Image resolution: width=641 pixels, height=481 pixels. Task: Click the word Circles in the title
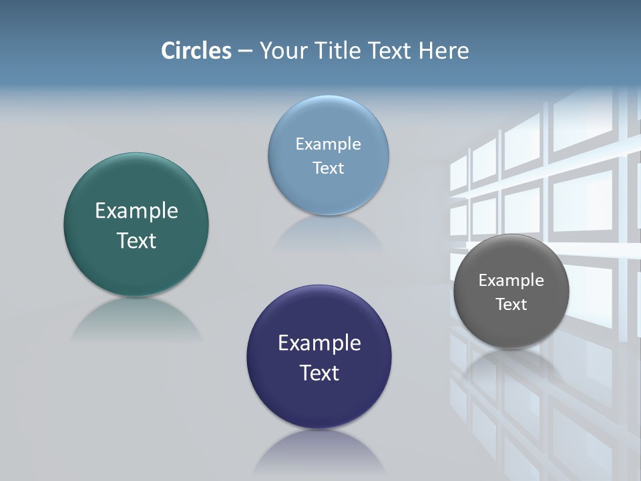[x=196, y=51]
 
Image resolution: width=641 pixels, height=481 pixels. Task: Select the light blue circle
[x=328, y=120]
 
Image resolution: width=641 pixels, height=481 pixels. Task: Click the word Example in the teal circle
[x=136, y=211]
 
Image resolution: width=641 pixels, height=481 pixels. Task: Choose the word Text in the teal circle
[x=136, y=240]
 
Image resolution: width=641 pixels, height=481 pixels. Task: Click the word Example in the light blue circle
[x=328, y=144]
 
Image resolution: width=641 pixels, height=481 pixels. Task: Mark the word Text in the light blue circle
[x=328, y=168]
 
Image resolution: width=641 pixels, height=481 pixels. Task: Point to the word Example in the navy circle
[x=319, y=343]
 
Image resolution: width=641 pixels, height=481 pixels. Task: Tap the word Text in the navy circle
[x=319, y=373]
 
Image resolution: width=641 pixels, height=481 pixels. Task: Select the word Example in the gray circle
[x=511, y=281]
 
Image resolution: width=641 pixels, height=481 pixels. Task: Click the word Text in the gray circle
[x=511, y=305]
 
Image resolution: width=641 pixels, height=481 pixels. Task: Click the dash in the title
[x=245, y=51]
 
